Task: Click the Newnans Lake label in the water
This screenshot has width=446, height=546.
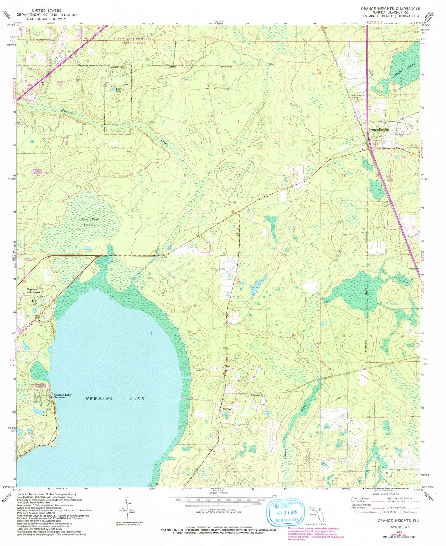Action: click(x=115, y=399)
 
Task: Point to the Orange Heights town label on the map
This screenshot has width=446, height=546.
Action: click(x=378, y=130)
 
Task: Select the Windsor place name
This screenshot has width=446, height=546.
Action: click(x=227, y=409)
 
